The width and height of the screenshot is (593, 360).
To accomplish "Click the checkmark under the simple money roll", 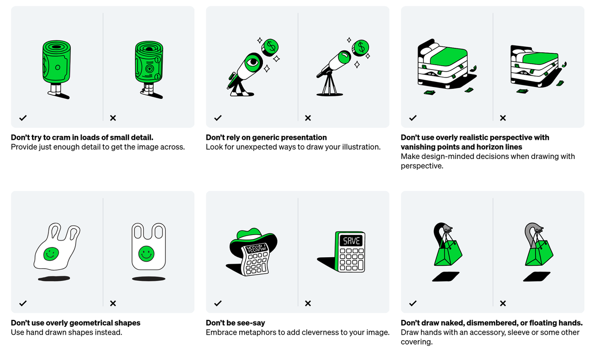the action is [x=23, y=118].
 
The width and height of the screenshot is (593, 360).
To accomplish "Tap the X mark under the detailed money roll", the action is [x=113, y=118].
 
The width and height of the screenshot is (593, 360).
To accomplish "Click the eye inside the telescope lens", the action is [x=253, y=62].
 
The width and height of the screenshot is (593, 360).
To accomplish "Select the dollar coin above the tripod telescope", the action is [x=360, y=48].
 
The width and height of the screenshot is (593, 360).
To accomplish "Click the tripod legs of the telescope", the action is [x=329, y=84].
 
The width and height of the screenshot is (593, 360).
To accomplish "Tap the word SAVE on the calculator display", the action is [x=351, y=240].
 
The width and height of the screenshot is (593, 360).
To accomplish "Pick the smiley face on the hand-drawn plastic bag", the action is [x=51, y=254].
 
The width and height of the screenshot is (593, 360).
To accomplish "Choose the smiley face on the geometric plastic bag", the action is [x=146, y=254].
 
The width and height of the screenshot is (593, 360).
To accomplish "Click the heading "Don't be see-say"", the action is [x=235, y=322].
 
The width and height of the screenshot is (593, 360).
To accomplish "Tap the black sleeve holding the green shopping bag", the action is [x=438, y=233].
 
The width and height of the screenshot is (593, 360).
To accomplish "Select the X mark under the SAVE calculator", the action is [x=308, y=303].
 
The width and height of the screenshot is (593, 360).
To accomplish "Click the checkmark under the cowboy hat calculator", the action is [x=218, y=303].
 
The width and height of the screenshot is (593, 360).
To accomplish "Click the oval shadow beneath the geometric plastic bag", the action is [x=149, y=279].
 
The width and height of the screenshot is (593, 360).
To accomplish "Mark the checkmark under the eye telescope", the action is [x=218, y=118].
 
